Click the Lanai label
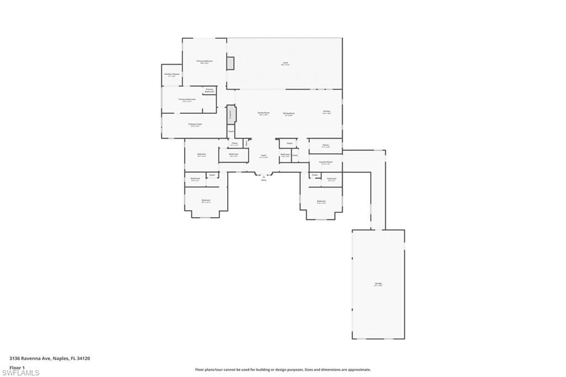pos(285,64)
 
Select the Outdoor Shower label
pos(172,75)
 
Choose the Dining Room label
pos(289,113)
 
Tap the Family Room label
pos(263,113)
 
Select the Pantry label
pos(326,146)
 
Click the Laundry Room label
pos(326,163)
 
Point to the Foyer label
pos(264,156)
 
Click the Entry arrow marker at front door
pos(264,177)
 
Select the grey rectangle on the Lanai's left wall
pos(230,63)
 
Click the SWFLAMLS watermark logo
pos(20,373)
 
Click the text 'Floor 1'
pos(17,367)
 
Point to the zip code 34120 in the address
pos(83,358)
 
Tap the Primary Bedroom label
pos(205,61)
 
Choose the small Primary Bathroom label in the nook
pos(209,90)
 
